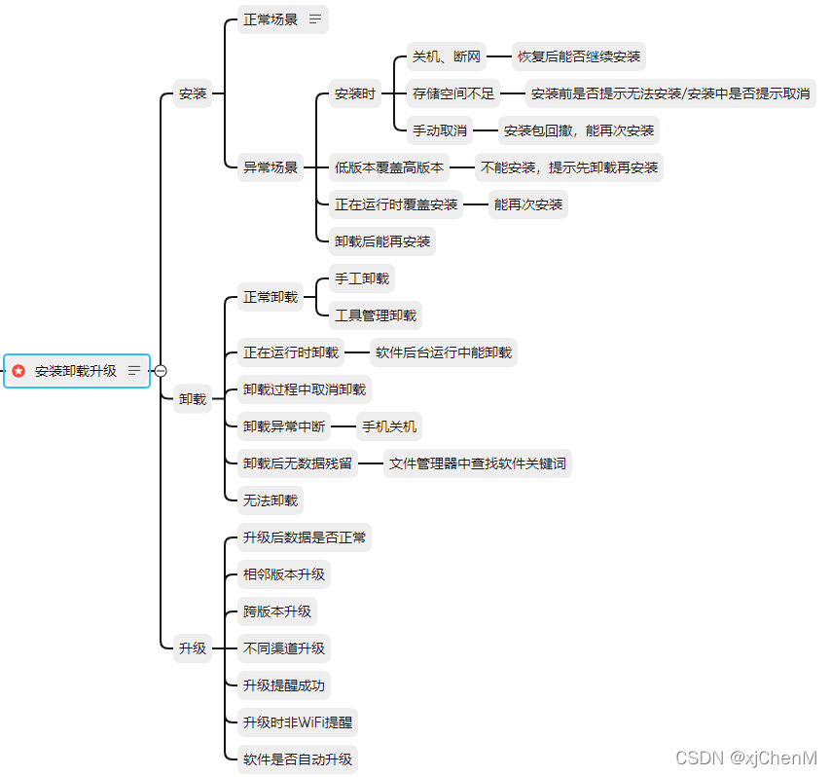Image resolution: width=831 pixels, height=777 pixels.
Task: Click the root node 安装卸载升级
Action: point(76,371)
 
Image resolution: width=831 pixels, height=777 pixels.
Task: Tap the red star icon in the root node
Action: point(18,371)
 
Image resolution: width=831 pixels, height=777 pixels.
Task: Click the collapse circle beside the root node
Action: point(161,371)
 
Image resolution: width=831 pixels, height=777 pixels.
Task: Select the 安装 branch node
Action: point(193,94)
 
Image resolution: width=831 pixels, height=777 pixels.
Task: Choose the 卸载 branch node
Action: point(193,398)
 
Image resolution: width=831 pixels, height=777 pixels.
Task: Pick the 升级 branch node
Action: point(193,647)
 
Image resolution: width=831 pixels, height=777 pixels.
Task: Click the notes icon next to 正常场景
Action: point(315,19)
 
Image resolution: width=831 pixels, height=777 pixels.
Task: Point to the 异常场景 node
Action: point(271,166)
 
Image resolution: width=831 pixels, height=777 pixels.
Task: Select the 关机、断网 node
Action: point(447,56)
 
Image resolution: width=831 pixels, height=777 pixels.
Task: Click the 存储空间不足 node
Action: point(453,94)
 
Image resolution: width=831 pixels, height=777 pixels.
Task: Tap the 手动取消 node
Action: point(440,129)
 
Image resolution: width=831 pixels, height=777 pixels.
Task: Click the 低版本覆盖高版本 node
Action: point(389,167)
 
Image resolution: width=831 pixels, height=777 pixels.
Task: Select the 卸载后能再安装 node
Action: point(382,240)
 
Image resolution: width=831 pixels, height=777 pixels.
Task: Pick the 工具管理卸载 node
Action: point(376,315)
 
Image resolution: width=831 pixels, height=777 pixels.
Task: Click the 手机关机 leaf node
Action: point(389,425)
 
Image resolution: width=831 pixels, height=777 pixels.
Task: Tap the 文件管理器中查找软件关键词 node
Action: point(477,463)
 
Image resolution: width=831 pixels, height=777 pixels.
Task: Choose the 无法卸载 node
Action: point(271,500)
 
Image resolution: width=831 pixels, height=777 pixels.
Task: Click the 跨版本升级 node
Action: point(277,611)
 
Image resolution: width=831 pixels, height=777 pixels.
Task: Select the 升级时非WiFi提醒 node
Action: point(298,722)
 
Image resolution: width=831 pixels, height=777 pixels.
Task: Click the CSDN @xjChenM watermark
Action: point(746,758)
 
